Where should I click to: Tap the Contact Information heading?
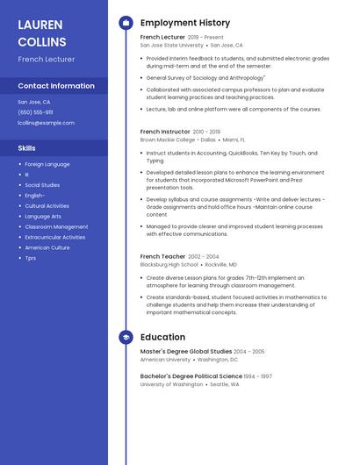point(56,86)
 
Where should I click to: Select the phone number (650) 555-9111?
point(35,112)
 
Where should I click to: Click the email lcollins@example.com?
point(46,123)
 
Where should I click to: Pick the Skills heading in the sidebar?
point(27,148)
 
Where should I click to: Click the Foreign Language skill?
point(47,164)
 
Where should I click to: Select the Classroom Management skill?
point(56,226)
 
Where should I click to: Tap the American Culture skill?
point(47,247)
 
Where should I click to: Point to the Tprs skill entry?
point(31,258)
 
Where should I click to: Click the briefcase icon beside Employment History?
point(126,23)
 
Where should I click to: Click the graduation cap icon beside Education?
point(126,337)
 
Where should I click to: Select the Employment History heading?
point(185,23)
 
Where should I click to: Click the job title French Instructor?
point(164,132)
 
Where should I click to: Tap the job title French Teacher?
point(162,256)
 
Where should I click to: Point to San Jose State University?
point(171,45)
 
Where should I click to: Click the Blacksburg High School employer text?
point(169,264)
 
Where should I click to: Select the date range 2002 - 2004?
point(203,256)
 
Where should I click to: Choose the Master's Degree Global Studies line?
point(186,351)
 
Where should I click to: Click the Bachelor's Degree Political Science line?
point(191,376)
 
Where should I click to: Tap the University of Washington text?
point(171,384)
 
